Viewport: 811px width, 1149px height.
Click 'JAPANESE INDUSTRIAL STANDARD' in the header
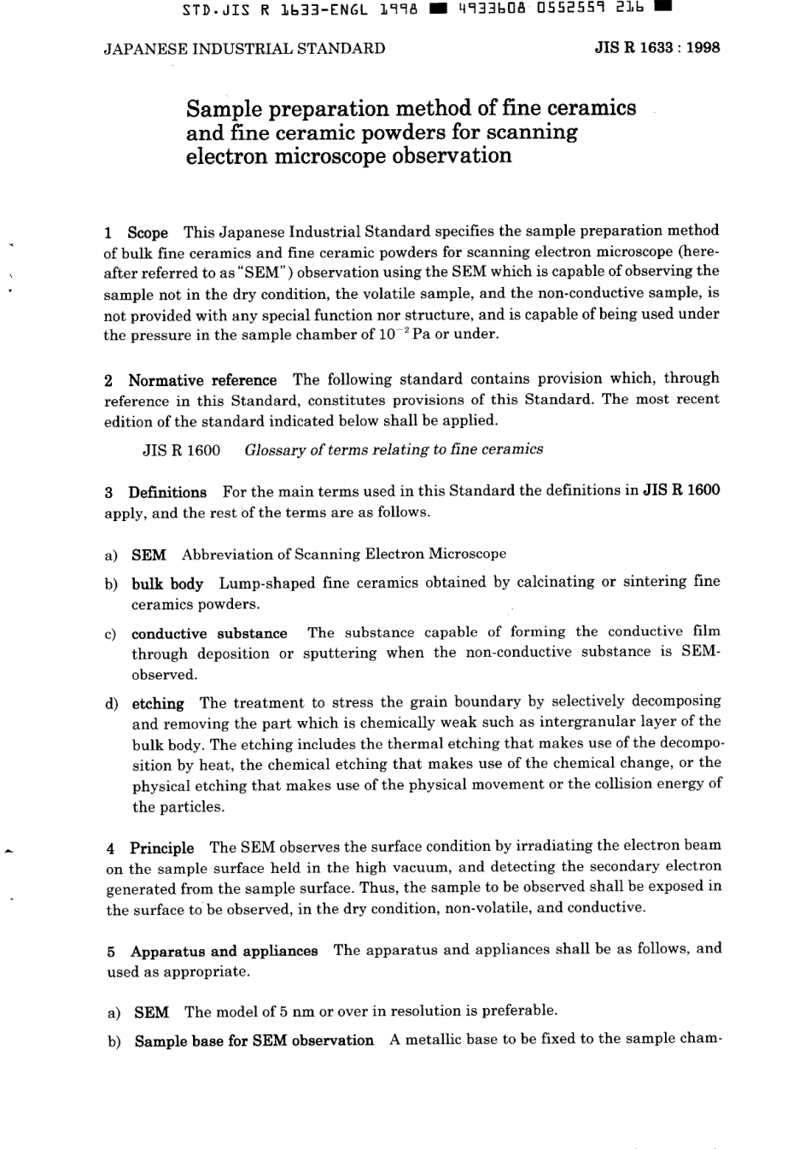tap(244, 49)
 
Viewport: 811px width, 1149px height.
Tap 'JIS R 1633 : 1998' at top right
tap(656, 48)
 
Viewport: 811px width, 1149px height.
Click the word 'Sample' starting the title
tap(225, 109)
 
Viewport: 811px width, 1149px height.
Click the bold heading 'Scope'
tap(148, 232)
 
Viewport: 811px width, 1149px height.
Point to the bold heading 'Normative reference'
tap(202, 380)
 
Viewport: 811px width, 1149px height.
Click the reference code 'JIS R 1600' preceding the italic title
tap(181, 450)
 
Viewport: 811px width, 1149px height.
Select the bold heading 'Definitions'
tap(167, 492)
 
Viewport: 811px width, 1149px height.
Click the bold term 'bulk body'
tap(167, 584)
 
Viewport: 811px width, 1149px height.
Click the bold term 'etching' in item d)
tap(158, 704)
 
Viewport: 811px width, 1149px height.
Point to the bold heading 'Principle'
tap(161, 848)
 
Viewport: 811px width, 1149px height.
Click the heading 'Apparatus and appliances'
tap(224, 951)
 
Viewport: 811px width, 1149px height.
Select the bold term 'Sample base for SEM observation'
tap(254, 1041)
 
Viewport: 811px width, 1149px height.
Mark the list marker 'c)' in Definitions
tap(110, 634)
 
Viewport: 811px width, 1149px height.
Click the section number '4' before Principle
tap(111, 848)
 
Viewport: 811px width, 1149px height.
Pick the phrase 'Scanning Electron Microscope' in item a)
tap(400, 554)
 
